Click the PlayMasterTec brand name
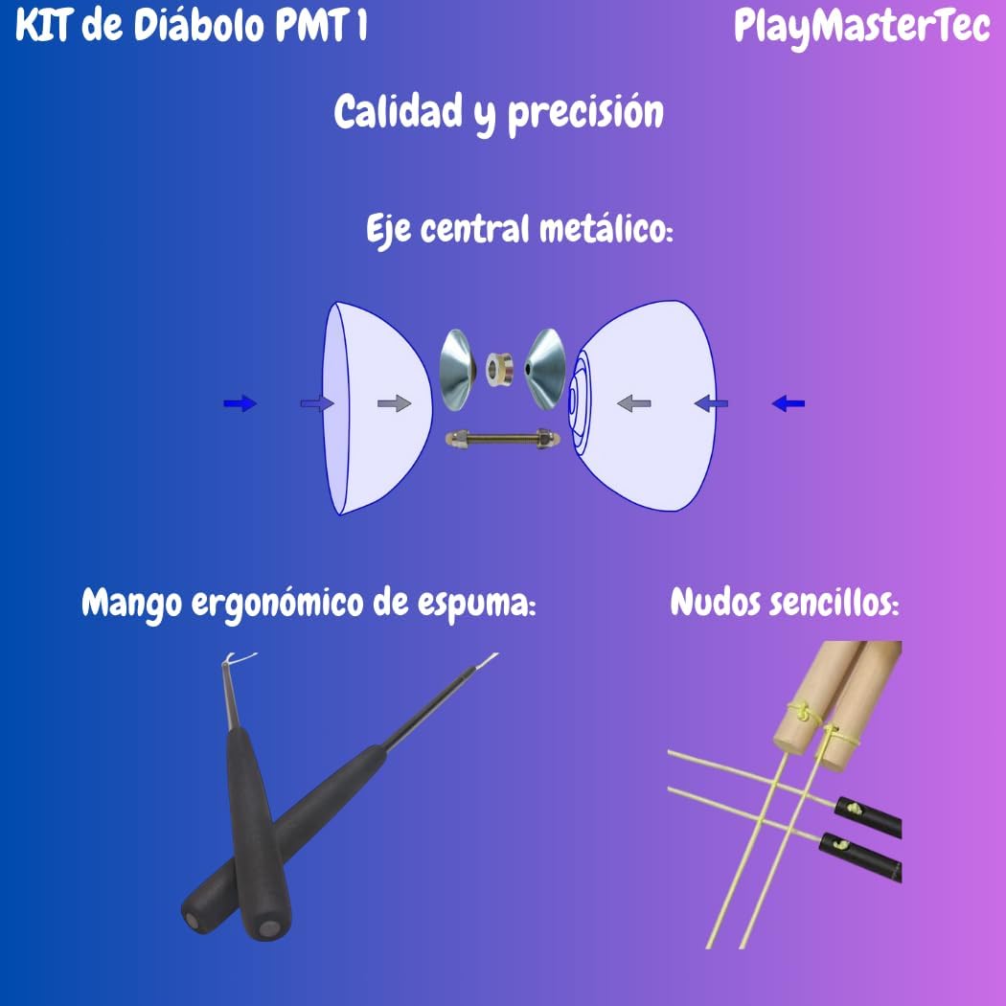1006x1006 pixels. (x=861, y=27)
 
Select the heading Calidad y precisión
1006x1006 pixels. (x=498, y=113)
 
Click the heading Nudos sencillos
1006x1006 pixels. (x=785, y=603)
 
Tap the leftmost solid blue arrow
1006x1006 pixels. (x=240, y=404)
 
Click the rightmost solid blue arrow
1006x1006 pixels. (x=788, y=403)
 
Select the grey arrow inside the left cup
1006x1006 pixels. (x=394, y=404)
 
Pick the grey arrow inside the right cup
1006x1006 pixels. (x=633, y=403)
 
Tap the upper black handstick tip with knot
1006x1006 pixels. (x=868, y=813)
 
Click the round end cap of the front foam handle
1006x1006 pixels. (x=265, y=927)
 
